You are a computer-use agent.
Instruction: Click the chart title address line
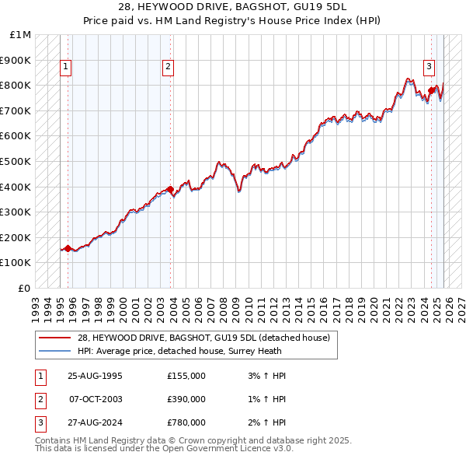click(232, 7)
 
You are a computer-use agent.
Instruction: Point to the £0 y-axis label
click(23, 288)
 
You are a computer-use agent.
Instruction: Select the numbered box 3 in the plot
click(428, 67)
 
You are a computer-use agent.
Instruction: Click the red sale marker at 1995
click(68, 249)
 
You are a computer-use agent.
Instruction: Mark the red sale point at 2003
click(170, 189)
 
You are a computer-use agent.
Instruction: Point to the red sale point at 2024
click(431, 90)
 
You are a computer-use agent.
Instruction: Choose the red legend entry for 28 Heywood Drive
click(203, 338)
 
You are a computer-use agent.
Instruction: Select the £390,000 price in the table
click(186, 399)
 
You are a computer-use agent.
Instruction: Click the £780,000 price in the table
click(186, 422)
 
